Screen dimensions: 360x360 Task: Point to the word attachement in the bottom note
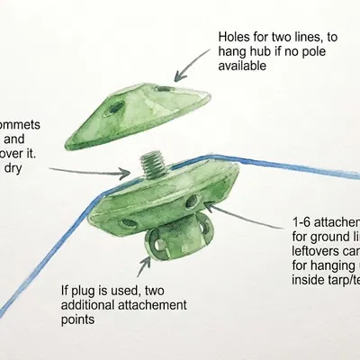pos(157,305)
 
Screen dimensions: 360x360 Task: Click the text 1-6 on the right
pos(303,222)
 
